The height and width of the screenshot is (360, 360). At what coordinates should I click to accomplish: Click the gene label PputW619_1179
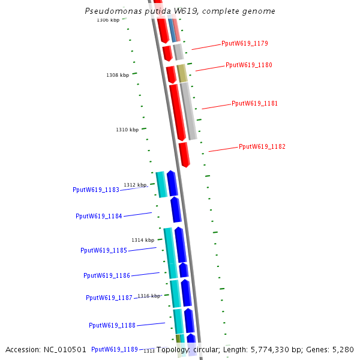pyautogui.click(x=244, y=43)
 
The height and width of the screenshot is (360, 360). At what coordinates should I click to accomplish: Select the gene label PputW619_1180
pyautogui.click(x=249, y=65)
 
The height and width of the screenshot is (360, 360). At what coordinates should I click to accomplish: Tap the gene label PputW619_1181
pyautogui.click(x=254, y=103)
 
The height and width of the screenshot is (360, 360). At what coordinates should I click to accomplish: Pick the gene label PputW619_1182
pyautogui.click(x=262, y=146)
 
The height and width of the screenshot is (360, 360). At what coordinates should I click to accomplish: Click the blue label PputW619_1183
pyautogui.click(x=96, y=190)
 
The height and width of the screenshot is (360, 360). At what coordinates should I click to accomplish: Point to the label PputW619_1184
pyautogui.click(x=98, y=216)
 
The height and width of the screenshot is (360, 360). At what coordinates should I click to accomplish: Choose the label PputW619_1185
pyautogui.click(x=103, y=250)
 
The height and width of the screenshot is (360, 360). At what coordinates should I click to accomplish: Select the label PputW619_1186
pyautogui.click(x=106, y=275)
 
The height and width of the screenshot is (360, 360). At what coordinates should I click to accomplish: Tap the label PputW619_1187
pyautogui.click(x=109, y=298)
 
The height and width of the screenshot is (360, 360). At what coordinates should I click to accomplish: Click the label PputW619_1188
pyautogui.click(x=112, y=325)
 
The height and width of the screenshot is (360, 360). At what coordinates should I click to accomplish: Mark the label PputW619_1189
pyautogui.click(x=114, y=349)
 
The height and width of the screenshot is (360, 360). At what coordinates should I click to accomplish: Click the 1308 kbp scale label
pyautogui.click(x=118, y=75)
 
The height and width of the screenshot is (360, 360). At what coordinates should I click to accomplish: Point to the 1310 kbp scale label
pyautogui.click(x=127, y=130)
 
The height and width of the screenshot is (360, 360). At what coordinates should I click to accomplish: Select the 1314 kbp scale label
pyautogui.click(x=143, y=240)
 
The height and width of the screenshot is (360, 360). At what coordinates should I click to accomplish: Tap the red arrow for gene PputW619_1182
pyautogui.click(x=185, y=155)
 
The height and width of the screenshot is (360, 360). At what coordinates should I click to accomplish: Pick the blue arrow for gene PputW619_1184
pyautogui.click(x=175, y=209)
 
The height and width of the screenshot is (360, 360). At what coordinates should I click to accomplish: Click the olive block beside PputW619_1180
pyautogui.click(x=182, y=74)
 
